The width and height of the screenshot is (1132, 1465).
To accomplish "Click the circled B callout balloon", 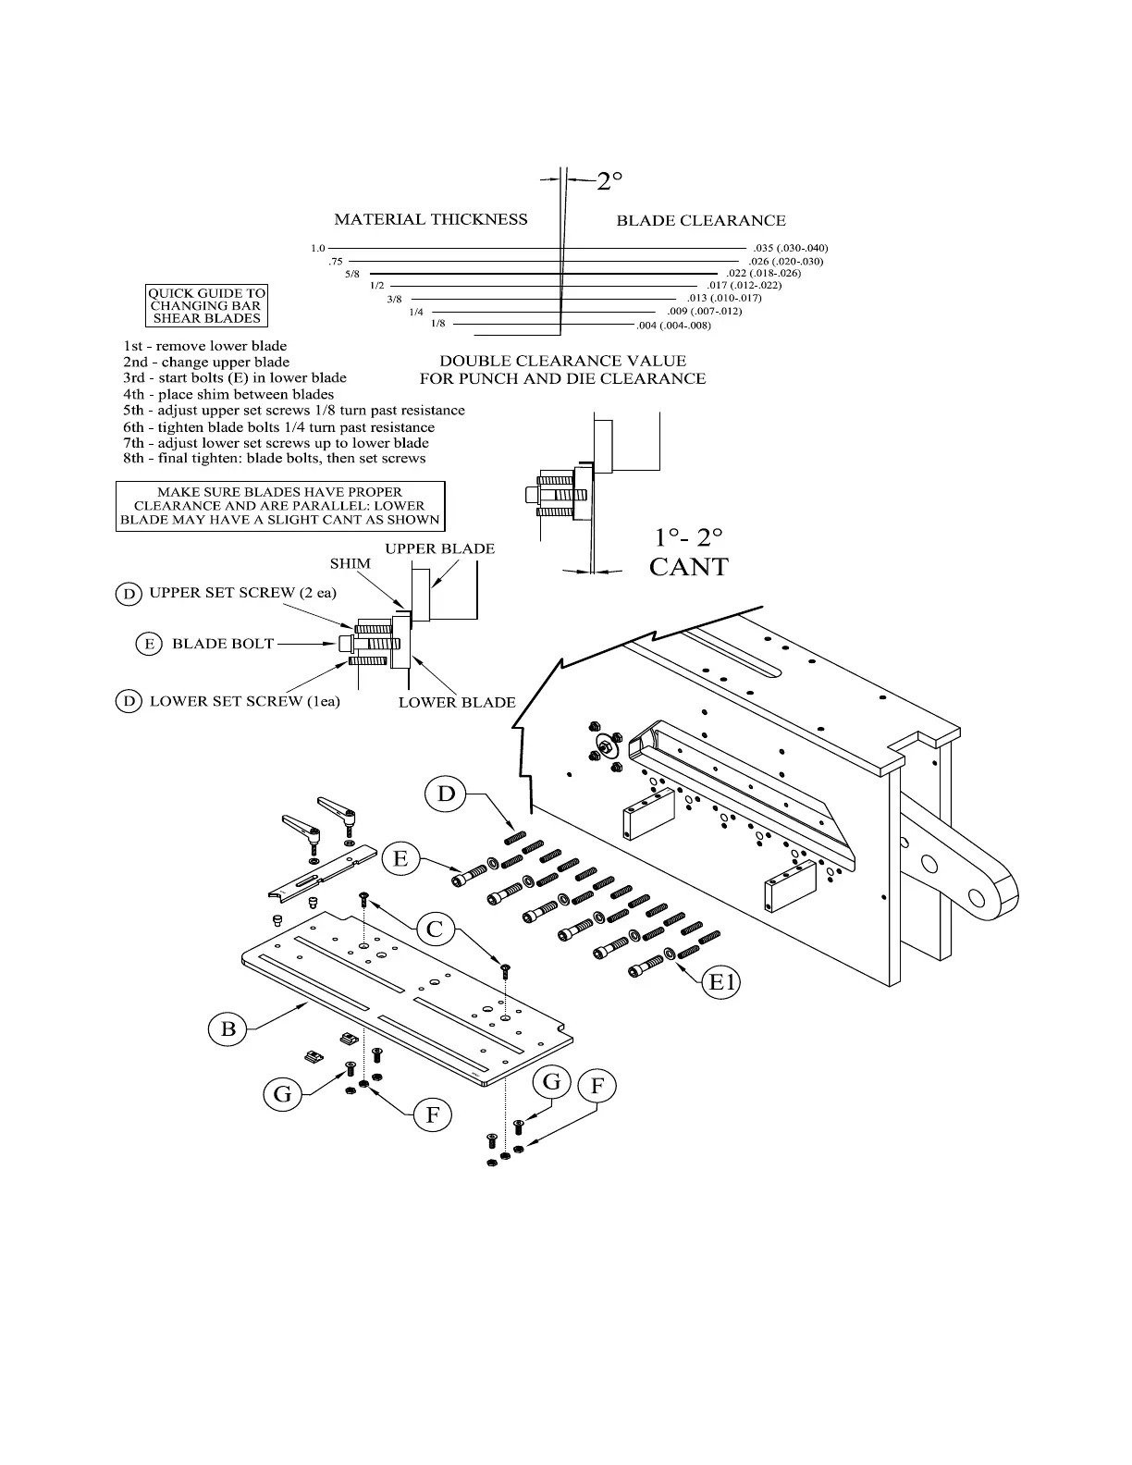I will pos(228,1028).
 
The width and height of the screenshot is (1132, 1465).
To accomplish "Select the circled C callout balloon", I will pos(435,928).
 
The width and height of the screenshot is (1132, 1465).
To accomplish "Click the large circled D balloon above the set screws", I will pos(447,794).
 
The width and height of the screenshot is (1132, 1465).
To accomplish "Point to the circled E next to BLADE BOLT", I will pos(149,644).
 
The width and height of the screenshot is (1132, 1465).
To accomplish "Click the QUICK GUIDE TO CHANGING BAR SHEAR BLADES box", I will pos(206,305).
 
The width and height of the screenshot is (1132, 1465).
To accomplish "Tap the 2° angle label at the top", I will pos(609,181).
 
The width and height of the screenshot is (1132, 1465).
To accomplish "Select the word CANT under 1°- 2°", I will pos(688,567).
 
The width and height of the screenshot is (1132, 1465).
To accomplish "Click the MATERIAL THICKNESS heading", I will pos(430,219).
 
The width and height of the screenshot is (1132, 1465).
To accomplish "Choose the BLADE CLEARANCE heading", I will pos(701,220).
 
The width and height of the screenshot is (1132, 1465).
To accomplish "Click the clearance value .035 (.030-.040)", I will pos(791,248).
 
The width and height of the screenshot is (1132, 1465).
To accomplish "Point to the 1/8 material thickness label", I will pos(437,324).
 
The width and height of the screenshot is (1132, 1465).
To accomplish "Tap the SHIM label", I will pos(351,563).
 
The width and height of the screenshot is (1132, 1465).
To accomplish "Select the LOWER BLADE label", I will pos(457,702).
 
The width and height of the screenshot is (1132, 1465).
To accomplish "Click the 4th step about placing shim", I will pos(228,394).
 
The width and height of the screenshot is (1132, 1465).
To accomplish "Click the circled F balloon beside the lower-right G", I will pos(597,1087).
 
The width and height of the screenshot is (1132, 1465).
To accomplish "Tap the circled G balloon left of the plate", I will pos(282,1094).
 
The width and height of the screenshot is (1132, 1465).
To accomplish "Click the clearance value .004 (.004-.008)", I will pos(673,326).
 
